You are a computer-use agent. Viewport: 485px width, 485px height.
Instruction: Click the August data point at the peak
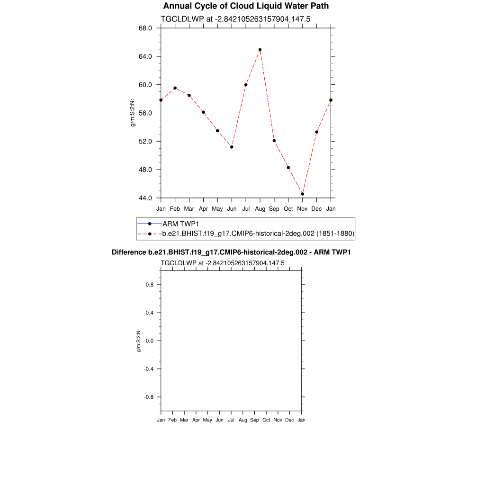point(260,50)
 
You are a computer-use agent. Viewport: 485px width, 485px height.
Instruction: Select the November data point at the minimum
point(303,194)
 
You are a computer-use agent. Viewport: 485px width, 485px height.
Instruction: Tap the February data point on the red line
point(175,88)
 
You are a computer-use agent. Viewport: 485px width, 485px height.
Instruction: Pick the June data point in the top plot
point(232,147)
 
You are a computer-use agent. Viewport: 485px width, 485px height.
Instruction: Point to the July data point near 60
point(246,85)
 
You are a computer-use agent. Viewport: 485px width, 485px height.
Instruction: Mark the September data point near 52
point(274,141)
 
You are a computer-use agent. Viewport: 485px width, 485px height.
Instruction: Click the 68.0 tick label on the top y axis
point(145,28)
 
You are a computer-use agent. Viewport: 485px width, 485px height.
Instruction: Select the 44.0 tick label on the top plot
point(145,198)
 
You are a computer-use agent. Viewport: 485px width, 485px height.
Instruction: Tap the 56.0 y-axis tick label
point(145,113)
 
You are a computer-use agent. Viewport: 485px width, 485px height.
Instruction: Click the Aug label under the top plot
point(260,209)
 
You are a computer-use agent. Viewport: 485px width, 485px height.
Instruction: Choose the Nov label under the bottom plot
point(278,420)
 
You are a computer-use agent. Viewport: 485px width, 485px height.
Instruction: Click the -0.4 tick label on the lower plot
point(148,369)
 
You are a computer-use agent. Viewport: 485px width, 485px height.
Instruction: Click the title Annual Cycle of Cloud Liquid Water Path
point(246,6)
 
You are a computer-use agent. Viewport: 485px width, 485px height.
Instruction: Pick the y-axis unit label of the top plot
point(133,113)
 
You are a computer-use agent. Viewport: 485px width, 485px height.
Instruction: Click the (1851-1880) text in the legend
point(335,234)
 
